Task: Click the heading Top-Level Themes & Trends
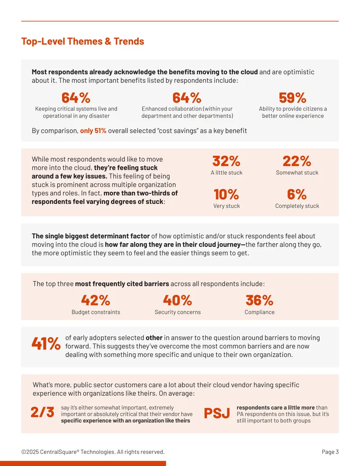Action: coord(82,41)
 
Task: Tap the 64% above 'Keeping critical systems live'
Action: coord(76,98)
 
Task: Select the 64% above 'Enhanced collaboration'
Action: coord(187,98)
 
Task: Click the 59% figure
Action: coord(292,98)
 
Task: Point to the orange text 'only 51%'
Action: coord(93,131)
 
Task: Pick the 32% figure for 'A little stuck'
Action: coord(226,161)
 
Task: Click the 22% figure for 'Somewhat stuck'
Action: coord(297,161)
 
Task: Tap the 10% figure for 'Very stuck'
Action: coord(226,195)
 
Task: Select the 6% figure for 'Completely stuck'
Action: coord(297,195)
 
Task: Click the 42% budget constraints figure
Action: coord(96,300)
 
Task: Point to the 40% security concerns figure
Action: coord(177,300)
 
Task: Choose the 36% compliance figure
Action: coord(259,300)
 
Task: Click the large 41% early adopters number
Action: coord(46,344)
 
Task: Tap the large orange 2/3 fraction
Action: coord(42,412)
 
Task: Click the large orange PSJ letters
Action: coord(217,413)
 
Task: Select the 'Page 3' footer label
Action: coord(330,452)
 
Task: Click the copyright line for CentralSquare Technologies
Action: coord(93,452)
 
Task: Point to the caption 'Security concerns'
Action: coord(178,312)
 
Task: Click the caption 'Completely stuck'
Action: coord(297,206)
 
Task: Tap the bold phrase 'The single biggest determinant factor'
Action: coord(90,236)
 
